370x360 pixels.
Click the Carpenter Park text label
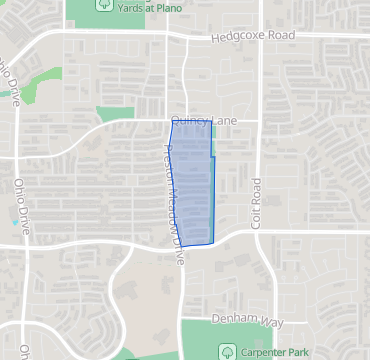(275, 351)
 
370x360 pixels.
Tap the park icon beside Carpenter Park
(227, 351)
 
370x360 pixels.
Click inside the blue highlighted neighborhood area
(192, 185)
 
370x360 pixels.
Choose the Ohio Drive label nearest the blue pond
(21, 204)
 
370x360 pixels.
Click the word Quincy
(186, 120)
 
